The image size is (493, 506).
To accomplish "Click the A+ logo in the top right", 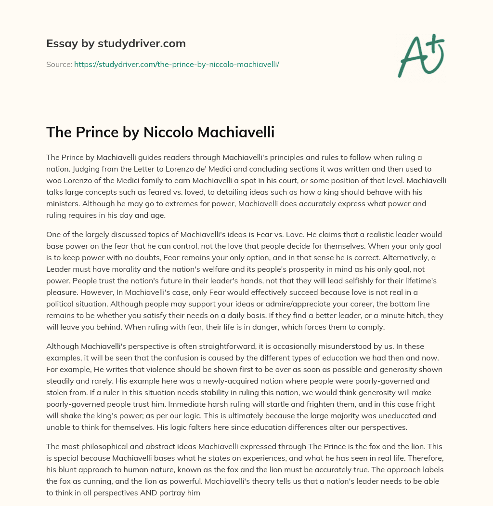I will pyautogui.click(x=421, y=55).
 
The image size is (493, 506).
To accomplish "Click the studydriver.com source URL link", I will pyautogui.click(x=177, y=64).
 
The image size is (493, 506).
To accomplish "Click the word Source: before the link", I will pyautogui.click(x=59, y=64).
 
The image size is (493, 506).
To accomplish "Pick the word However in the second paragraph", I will pyautogui.click(x=65, y=293).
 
